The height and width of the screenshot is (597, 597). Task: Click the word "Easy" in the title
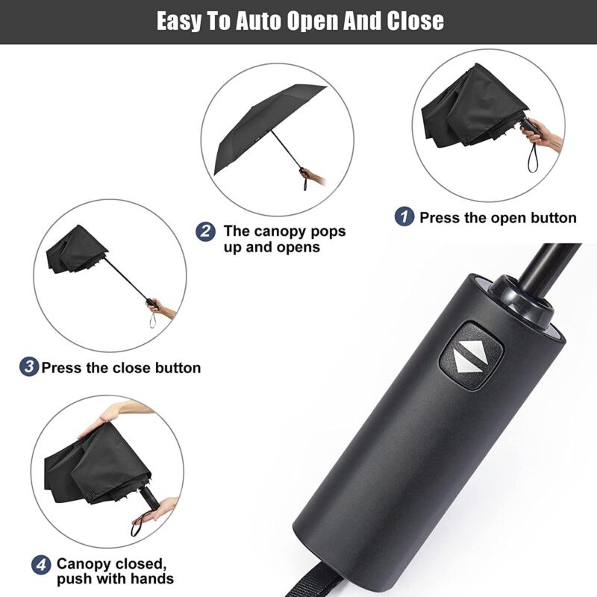tap(180, 20)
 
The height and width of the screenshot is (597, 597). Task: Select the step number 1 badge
tap(404, 217)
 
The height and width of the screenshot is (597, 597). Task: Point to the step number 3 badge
tap(28, 367)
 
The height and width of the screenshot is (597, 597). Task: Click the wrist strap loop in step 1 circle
tap(532, 156)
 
